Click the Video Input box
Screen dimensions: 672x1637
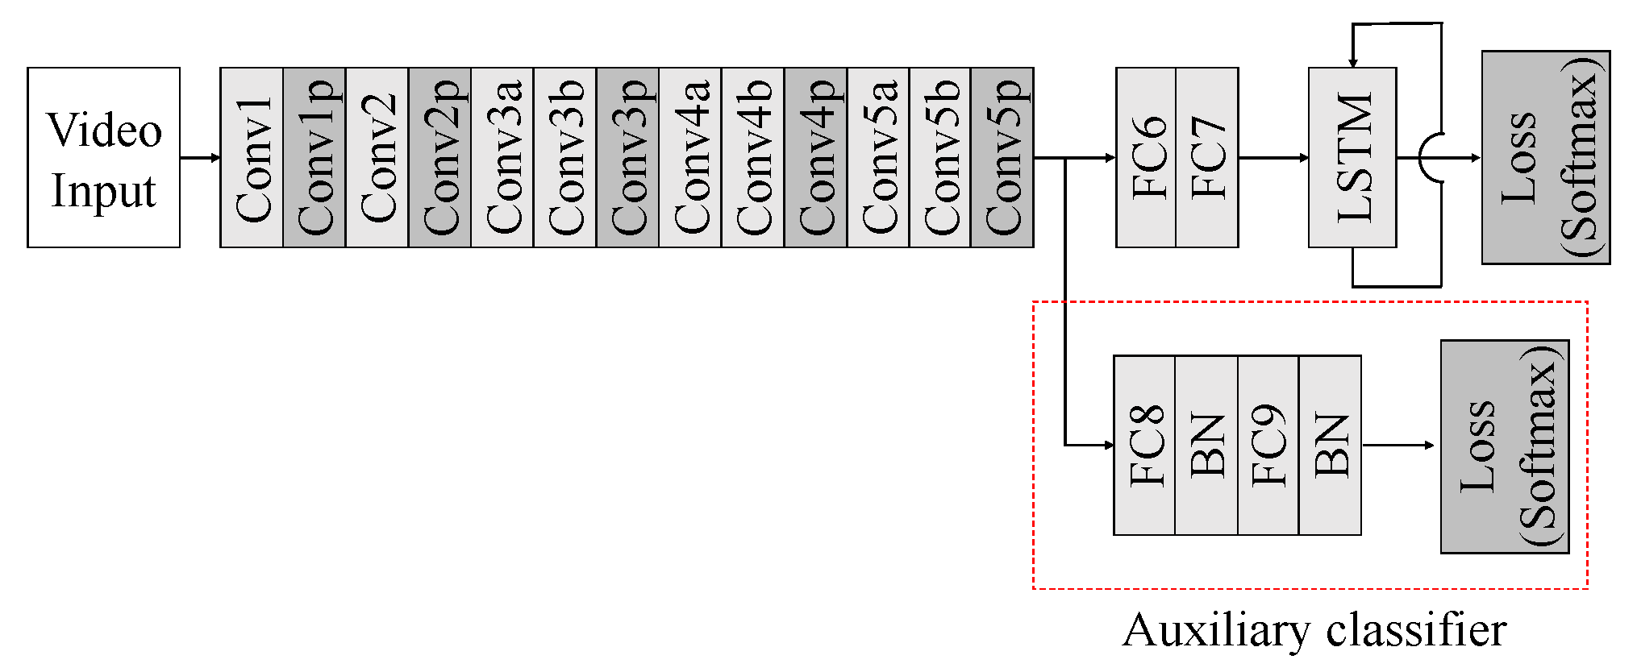click(x=103, y=157)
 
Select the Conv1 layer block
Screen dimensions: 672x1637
click(x=252, y=157)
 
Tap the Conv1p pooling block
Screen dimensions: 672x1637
click(x=314, y=157)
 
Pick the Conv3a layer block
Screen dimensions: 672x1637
click(x=502, y=157)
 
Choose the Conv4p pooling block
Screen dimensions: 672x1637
click(x=815, y=157)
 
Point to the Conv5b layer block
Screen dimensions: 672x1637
click(x=940, y=157)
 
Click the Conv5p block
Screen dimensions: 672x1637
click(x=1002, y=157)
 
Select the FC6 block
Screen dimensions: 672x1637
click(x=1146, y=157)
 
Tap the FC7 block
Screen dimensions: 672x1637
click(x=1207, y=157)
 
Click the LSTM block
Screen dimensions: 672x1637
click(x=1352, y=157)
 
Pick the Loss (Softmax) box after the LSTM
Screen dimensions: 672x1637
click(x=1546, y=157)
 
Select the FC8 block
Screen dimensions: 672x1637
click(x=1144, y=445)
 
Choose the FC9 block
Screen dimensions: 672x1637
click(x=1268, y=445)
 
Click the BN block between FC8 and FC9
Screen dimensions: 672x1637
click(x=1206, y=445)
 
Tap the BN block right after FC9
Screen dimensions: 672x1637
click(x=1330, y=445)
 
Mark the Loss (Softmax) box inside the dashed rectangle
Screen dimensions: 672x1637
click(x=1505, y=446)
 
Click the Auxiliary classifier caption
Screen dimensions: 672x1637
click(x=1314, y=630)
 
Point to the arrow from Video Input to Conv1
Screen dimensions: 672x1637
click(x=200, y=158)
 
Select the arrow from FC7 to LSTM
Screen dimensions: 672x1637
click(x=1273, y=158)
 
